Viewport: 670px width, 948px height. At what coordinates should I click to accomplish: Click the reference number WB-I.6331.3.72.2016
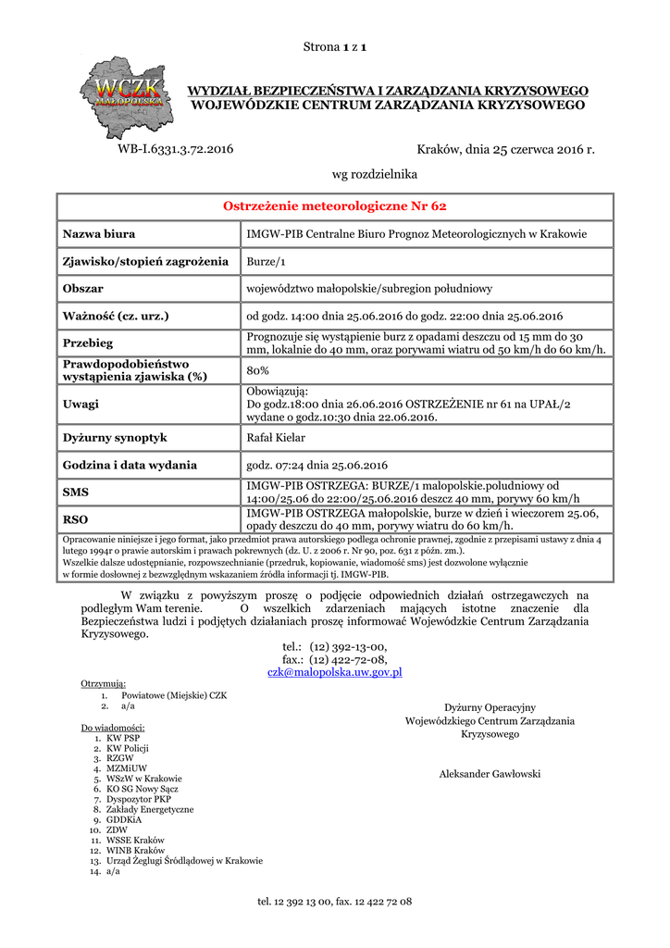(176, 149)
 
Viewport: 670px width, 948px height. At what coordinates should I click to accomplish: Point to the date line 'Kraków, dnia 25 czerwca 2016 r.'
(505, 149)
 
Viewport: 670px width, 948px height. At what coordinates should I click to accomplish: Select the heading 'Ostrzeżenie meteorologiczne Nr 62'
(335, 206)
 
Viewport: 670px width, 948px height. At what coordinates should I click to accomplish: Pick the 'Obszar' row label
(82, 289)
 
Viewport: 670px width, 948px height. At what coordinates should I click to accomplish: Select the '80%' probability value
(258, 370)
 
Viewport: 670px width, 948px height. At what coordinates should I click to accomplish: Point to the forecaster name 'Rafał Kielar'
(276, 437)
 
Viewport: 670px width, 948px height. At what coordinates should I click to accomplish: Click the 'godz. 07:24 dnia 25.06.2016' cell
(316, 465)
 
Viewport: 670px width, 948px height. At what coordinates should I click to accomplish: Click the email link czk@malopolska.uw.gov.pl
(334, 672)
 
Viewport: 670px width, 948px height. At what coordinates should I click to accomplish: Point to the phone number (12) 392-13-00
(348, 646)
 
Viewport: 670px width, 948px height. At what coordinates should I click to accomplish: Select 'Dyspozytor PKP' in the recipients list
(139, 798)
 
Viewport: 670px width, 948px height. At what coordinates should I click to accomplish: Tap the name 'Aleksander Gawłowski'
(490, 774)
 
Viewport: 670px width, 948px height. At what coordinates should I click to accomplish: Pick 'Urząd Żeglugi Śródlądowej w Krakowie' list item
(184, 860)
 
